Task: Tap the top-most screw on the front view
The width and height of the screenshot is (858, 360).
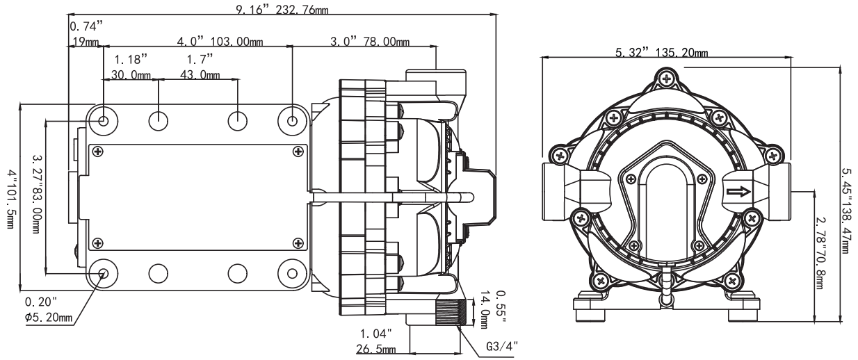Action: click(666, 78)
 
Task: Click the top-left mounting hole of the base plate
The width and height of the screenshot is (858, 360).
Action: click(103, 121)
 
